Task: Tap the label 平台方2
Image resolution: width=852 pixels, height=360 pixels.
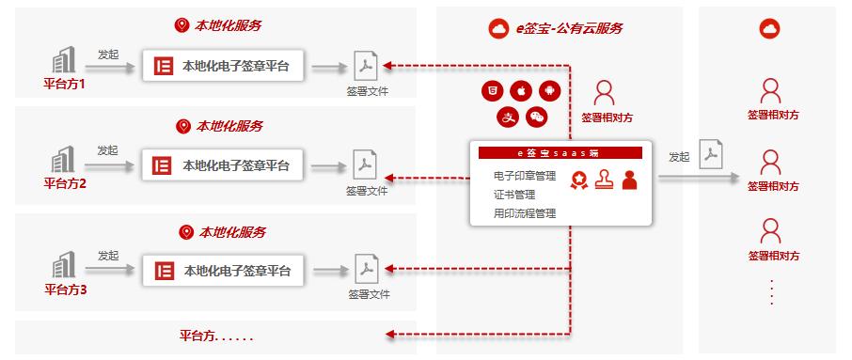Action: (x=65, y=184)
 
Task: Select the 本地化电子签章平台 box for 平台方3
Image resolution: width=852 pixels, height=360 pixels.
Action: (x=223, y=272)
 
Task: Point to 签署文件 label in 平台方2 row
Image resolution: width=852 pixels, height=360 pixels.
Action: (x=367, y=191)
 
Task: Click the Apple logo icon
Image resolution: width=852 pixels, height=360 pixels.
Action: (x=519, y=91)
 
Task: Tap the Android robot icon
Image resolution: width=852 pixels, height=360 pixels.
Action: (x=549, y=91)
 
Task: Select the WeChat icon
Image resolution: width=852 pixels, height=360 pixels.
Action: (x=536, y=117)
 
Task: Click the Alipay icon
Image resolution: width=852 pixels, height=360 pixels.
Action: (x=506, y=117)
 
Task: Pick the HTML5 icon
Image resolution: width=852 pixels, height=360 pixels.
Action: (x=489, y=91)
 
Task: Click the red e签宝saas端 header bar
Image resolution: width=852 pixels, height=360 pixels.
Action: (x=560, y=152)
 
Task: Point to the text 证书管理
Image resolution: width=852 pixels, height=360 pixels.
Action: (x=513, y=195)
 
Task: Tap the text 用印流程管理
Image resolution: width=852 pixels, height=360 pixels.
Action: (x=525, y=213)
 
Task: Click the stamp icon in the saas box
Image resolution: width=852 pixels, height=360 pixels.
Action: (x=604, y=179)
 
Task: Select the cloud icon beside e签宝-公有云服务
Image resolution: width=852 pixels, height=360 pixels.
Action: (x=498, y=29)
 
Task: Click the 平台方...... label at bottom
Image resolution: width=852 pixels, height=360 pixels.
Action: (x=216, y=336)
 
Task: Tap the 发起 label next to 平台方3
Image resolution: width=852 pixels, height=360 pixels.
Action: (x=108, y=256)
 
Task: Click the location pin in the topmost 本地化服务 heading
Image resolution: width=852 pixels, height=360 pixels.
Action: (x=181, y=25)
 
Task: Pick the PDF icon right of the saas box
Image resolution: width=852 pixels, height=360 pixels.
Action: (x=712, y=154)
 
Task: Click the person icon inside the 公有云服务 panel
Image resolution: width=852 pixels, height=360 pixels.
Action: (x=605, y=92)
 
